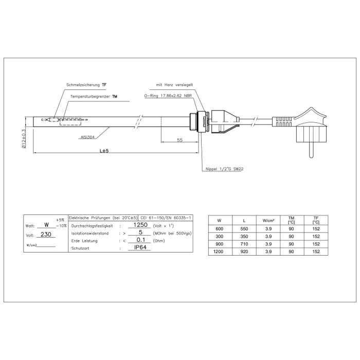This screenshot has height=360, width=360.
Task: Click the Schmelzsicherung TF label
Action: [x=87, y=84]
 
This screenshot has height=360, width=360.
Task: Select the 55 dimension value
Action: [x=179, y=139]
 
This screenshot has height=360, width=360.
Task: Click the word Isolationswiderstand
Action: [x=90, y=232]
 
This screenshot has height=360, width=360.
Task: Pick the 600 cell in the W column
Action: [x=219, y=228]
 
